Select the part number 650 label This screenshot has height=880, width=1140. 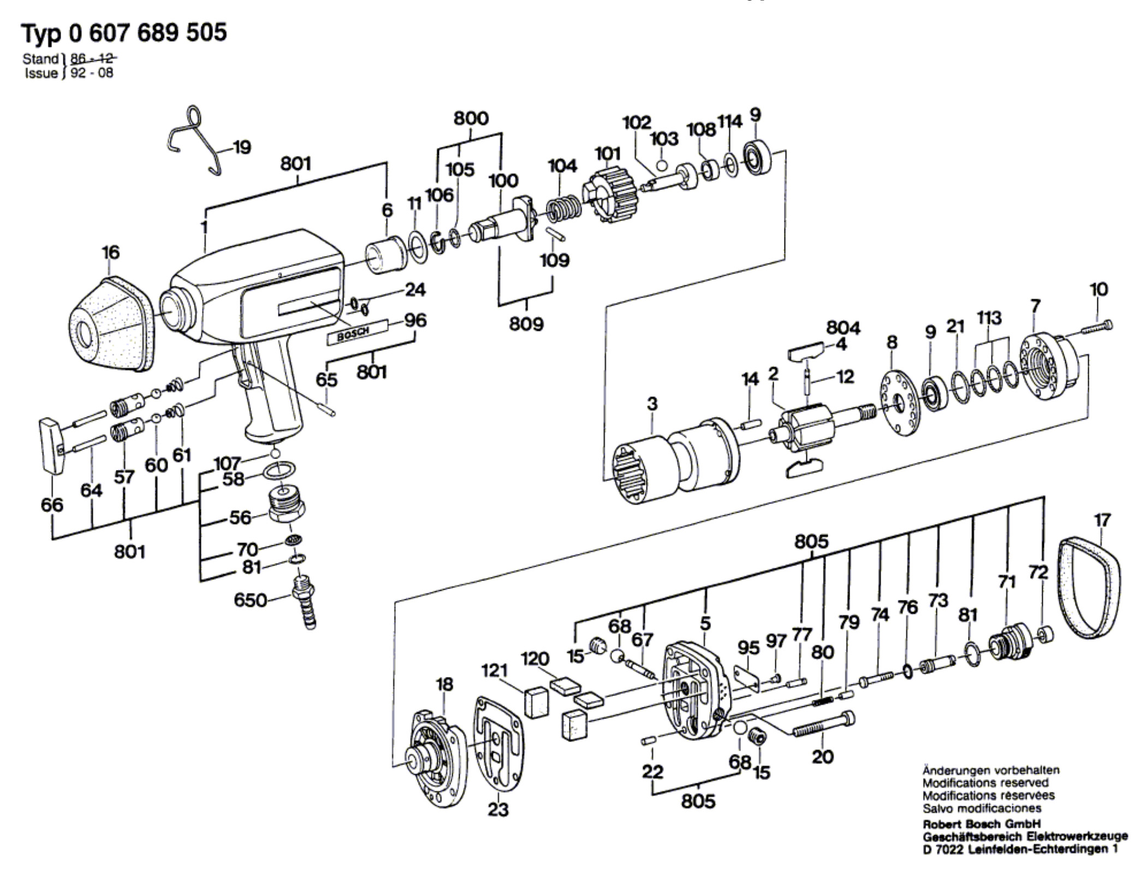[x=250, y=600]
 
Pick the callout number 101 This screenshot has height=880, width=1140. [x=607, y=154]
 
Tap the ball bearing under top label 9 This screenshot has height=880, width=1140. [x=757, y=158]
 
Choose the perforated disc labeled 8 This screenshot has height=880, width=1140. [x=898, y=403]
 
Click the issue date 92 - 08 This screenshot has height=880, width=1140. [x=92, y=73]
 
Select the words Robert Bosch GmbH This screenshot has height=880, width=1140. [x=982, y=824]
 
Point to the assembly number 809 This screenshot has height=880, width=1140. [x=526, y=324]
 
